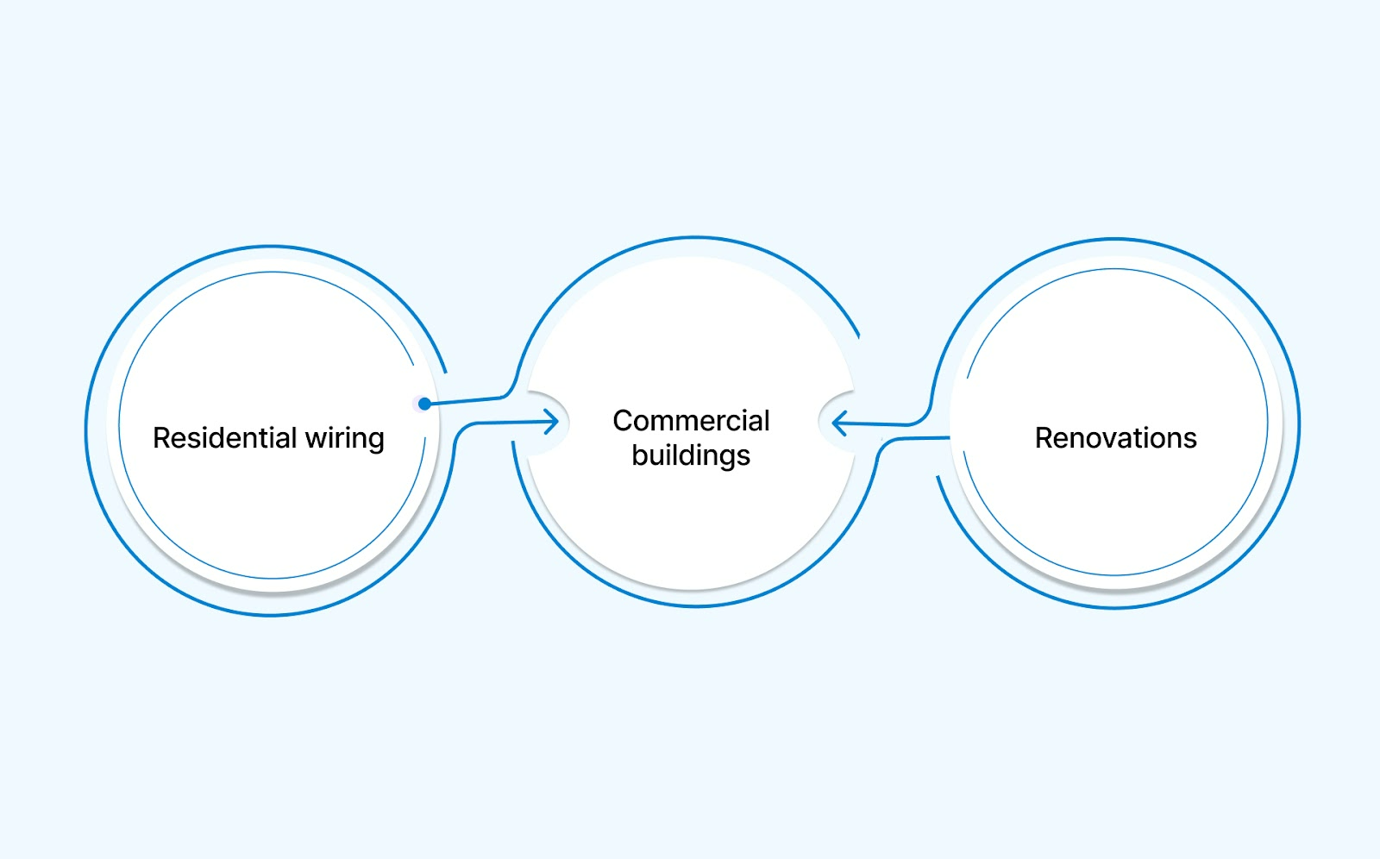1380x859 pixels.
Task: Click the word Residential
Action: tap(224, 438)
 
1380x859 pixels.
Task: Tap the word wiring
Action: tap(344, 439)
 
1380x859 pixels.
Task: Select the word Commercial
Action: tap(691, 421)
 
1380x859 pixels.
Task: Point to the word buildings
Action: tap(691, 455)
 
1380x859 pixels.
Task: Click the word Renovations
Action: tap(1115, 438)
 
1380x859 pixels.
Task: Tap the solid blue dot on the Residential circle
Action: tap(424, 404)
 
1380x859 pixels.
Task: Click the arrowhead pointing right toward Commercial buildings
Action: tap(553, 422)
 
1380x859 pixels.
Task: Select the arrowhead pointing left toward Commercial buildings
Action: tap(838, 423)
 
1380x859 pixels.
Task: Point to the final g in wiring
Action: tap(375, 441)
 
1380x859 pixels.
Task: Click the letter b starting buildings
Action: tap(639, 455)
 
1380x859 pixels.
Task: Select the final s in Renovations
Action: tap(1189, 440)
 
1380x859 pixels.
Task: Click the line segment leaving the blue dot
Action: tap(466, 400)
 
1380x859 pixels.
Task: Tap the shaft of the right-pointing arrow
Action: tap(509, 423)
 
